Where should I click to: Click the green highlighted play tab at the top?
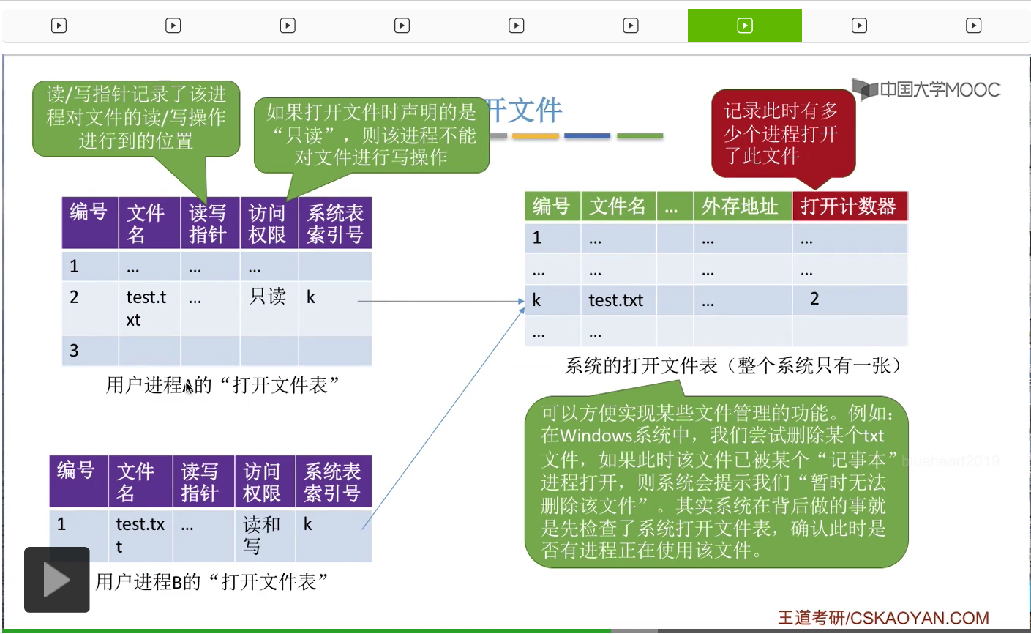[x=744, y=26]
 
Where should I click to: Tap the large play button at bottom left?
[x=57, y=580]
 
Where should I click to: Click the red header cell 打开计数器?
[x=849, y=206]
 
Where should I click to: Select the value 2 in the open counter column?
[x=814, y=299]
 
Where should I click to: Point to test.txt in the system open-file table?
[x=615, y=300]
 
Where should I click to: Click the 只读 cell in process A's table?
[x=268, y=297]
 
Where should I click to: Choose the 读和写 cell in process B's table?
[x=261, y=534]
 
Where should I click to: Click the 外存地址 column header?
[x=740, y=206]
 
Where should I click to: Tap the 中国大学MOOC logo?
[x=927, y=90]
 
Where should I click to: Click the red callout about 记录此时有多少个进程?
[x=782, y=133]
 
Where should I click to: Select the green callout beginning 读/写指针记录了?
[x=136, y=117]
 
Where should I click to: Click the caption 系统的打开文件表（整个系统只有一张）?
[x=735, y=366]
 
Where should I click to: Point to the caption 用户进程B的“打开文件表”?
[x=211, y=582]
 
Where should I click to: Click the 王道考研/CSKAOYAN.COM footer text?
[x=883, y=618]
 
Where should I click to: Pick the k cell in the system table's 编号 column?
[x=537, y=300]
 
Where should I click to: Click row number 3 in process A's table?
[x=74, y=351]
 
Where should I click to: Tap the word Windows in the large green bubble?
[x=596, y=436]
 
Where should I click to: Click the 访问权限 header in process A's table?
[x=267, y=223]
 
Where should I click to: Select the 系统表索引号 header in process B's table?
[x=332, y=482]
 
